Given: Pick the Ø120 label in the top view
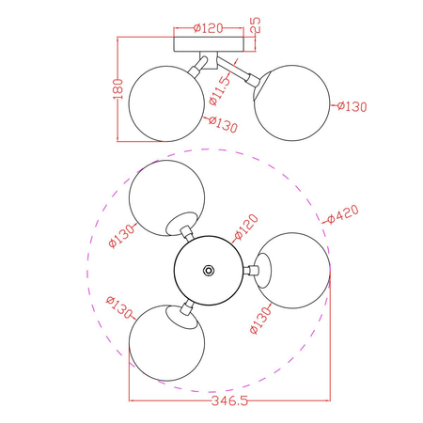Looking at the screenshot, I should point(245,228).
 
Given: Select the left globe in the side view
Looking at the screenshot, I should point(166,106).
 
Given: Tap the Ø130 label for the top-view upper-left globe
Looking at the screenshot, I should point(123,231).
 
